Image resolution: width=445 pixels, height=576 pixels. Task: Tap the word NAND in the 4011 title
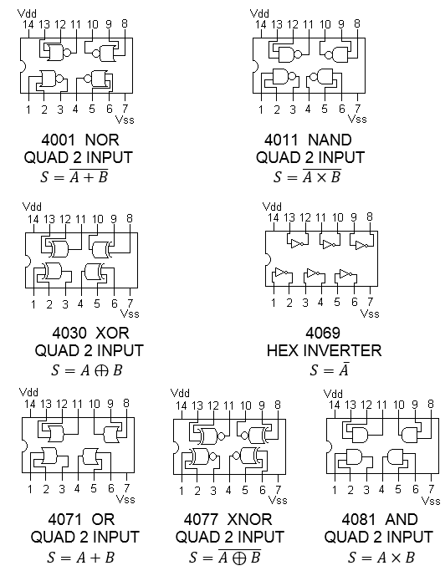[x=330, y=140]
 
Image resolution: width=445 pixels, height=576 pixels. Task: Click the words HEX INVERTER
[x=324, y=350]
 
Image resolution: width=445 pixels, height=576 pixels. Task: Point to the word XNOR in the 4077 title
[x=249, y=519]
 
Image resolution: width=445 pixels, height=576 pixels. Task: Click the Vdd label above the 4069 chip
[x=272, y=206]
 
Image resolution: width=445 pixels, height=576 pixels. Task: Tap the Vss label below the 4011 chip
[x=357, y=119]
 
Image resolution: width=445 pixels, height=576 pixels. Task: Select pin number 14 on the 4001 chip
[x=28, y=25]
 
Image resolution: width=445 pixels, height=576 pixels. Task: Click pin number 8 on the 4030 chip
[x=130, y=218]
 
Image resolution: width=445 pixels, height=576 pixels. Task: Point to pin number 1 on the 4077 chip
[x=182, y=491]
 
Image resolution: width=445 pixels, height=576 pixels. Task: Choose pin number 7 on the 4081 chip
[x=431, y=488]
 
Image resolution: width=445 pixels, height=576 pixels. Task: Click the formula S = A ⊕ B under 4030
[x=86, y=370]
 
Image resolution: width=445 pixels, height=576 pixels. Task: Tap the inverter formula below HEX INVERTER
[x=329, y=370]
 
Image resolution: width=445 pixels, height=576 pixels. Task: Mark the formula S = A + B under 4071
[x=80, y=558]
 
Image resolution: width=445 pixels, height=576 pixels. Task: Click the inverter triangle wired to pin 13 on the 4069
[x=297, y=243]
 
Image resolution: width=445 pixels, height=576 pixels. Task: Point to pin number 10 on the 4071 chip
[x=94, y=404]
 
